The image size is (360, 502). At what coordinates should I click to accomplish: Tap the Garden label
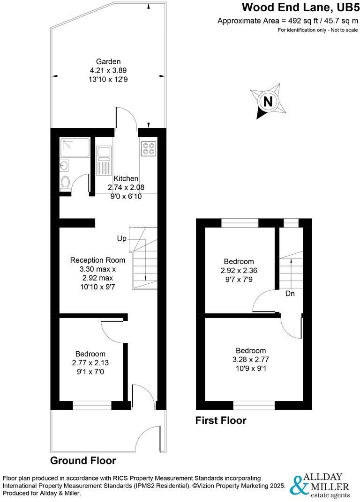tap(108, 61)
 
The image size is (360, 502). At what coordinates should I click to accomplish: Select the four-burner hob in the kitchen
tap(148, 148)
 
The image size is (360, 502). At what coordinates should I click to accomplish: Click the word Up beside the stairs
tap(122, 239)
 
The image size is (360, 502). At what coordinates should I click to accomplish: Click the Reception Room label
tap(98, 260)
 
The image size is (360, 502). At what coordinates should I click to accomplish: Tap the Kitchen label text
tap(126, 178)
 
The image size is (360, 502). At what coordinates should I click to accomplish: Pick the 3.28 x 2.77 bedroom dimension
tap(250, 359)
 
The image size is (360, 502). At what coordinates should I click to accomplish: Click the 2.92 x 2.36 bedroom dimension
tap(239, 270)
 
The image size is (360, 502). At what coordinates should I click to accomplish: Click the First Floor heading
tap(221, 421)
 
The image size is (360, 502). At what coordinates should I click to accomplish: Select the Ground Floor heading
tap(83, 460)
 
